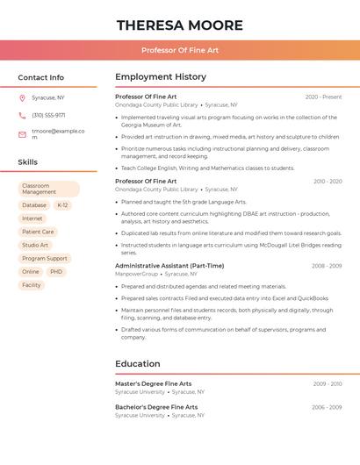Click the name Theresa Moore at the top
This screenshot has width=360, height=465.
click(x=180, y=25)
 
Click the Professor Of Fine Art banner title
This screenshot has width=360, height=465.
click(x=180, y=50)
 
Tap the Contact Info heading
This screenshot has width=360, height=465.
click(x=40, y=77)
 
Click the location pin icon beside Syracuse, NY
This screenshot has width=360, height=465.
click(x=22, y=97)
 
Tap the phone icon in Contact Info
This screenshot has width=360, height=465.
click(x=22, y=115)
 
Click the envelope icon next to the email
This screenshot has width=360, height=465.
click(x=22, y=134)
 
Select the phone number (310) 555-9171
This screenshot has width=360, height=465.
click(x=48, y=115)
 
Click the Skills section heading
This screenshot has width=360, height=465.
click(x=28, y=162)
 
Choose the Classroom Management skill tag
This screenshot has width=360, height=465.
click(x=48, y=189)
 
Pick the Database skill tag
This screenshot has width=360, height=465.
click(x=34, y=205)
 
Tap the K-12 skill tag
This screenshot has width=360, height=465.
click(x=62, y=205)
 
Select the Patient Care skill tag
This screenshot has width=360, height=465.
click(x=38, y=232)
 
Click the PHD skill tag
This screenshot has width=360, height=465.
click(x=56, y=272)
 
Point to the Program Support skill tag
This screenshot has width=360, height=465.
click(x=45, y=259)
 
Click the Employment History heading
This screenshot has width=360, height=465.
click(x=161, y=77)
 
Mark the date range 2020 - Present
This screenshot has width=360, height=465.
click(x=323, y=97)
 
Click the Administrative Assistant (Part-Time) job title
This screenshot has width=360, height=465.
click(x=169, y=266)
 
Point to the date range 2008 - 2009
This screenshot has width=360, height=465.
click(x=326, y=266)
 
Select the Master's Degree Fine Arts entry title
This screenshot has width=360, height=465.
click(x=153, y=383)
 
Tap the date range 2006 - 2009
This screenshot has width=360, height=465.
click(x=327, y=407)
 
